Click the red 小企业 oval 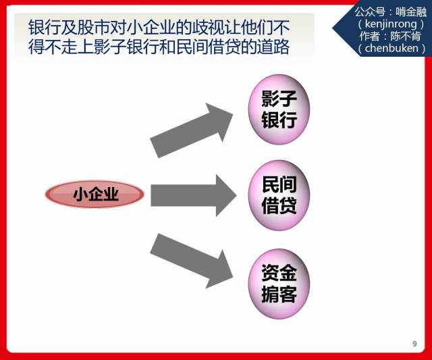pyautogui.click(x=94, y=194)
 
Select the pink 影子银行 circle pyautogui.click(x=279, y=109)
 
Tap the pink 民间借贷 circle pyautogui.click(x=279, y=195)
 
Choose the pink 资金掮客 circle pyautogui.click(x=279, y=284)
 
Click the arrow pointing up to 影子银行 pyautogui.click(x=192, y=130)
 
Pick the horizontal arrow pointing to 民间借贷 pyautogui.click(x=194, y=195)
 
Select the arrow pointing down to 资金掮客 pyautogui.click(x=192, y=261)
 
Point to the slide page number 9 pyautogui.click(x=414, y=344)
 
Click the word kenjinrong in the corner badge pyautogui.click(x=391, y=24)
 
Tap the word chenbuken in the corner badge pyautogui.click(x=391, y=48)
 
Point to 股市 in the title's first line pyautogui.click(x=93, y=27)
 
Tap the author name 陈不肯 pyautogui.click(x=405, y=36)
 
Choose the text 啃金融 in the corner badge pyautogui.click(x=411, y=12)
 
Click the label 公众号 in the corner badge pyautogui.click(x=370, y=12)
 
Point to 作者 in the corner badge pyautogui.click(x=370, y=36)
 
